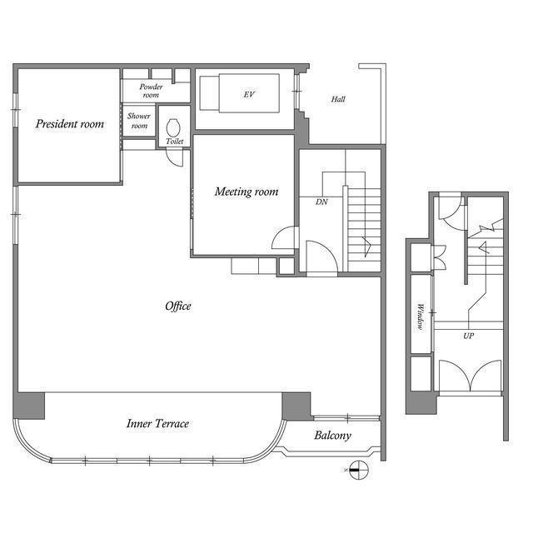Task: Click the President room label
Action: (70, 124)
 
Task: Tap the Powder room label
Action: (151, 91)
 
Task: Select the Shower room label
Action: (139, 121)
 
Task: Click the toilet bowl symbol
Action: (173, 128)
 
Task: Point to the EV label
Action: (249, 94)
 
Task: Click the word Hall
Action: (338, 99)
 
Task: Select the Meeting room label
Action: (247, 192)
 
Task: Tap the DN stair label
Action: (321, 202)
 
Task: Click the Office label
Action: (178, 306)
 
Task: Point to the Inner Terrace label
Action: (157, 424)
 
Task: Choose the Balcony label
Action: (333, 436)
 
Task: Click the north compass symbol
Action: (358, 470)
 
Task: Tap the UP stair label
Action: (468, 336)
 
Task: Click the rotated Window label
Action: (420, 316)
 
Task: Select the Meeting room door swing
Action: (284, 238)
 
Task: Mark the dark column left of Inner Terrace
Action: (29, 406)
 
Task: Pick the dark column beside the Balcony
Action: (296, 406)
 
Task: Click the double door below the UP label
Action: (470, 376)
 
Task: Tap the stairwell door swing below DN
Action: (322, 257)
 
